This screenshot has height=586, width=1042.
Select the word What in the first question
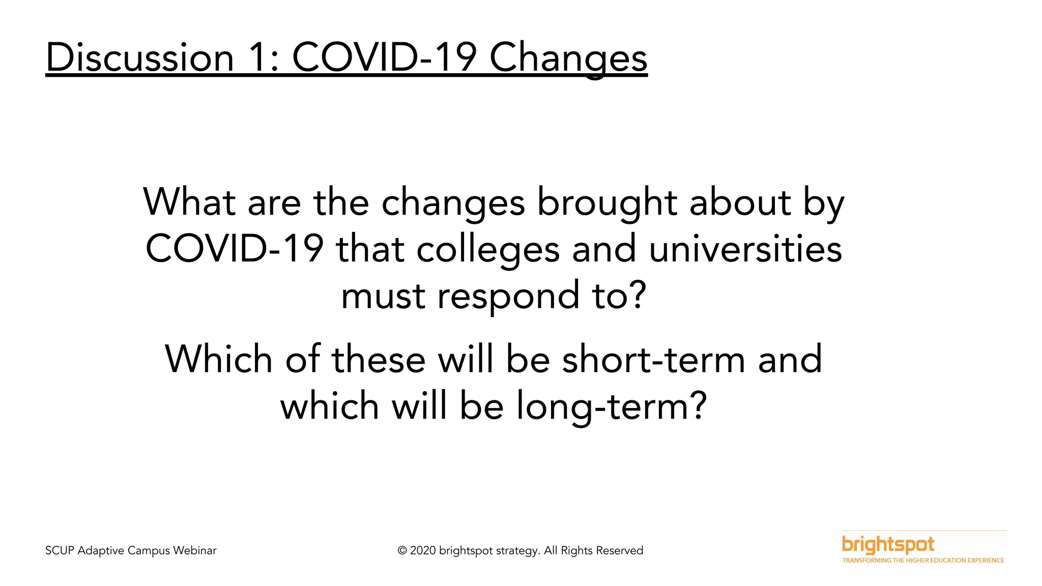(189, 202)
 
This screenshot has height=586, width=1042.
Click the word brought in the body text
(607, 202)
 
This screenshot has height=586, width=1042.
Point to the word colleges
(488, 249)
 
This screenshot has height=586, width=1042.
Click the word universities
(745, 249)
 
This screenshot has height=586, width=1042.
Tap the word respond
(508, 296)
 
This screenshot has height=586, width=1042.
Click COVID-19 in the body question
(235, 249)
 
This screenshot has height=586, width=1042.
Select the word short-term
(654, 359)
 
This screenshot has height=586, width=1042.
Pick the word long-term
(611, 406)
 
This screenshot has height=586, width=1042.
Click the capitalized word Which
(219, 359)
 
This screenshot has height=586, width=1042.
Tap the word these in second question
(379, 359)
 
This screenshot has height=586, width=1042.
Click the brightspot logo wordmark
(888, 544)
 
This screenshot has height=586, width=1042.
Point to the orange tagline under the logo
(923, 561)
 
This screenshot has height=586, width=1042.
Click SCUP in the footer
(60, 551)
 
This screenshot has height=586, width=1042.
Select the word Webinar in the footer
(194, 551)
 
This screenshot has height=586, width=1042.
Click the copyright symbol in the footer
(402, 551)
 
